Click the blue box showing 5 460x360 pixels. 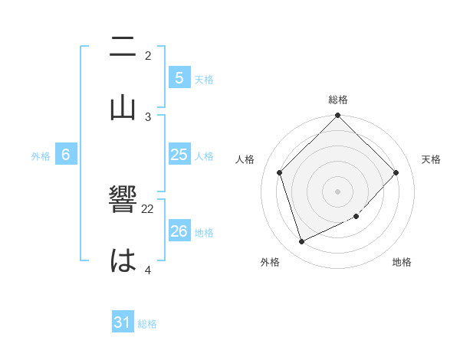179,77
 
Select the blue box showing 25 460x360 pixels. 179,155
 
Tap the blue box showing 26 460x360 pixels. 179,231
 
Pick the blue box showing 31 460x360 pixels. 123,322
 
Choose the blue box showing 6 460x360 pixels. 66,155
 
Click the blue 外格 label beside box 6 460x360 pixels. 41,155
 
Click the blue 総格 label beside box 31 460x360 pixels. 147,324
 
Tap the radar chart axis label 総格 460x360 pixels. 338,100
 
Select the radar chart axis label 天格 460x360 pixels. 431,159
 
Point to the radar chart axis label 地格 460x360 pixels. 402,262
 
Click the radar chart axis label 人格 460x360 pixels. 245,159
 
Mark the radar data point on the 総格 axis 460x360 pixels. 338,116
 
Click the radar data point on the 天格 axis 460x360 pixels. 396,172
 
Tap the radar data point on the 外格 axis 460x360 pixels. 301,242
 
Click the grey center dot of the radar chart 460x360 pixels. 338,191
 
